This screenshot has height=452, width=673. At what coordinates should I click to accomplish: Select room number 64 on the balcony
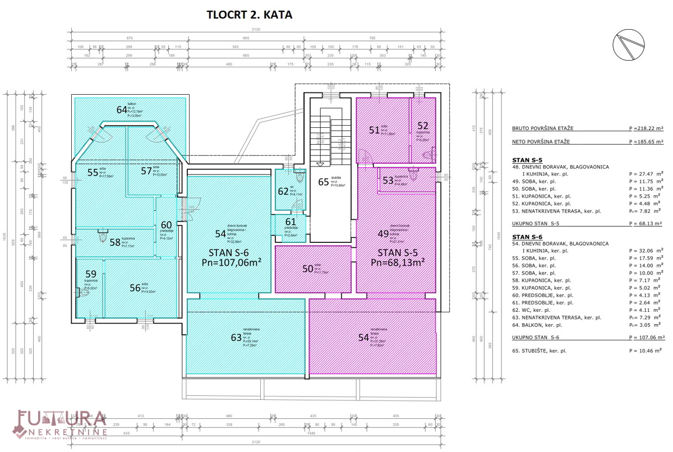tap(122, 110)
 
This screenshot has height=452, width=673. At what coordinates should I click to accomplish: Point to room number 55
tap(93, 172)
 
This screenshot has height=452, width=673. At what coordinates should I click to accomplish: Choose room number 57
tap(146, 170)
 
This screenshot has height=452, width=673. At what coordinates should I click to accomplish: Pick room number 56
tap(135, 288)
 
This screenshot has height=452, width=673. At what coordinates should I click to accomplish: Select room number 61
tap(290, 222)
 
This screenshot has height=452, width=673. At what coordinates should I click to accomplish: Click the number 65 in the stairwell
tap(324, 182)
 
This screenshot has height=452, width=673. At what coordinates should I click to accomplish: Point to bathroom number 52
tap(422, 126)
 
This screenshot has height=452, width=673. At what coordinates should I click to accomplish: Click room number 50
tap(307, 269)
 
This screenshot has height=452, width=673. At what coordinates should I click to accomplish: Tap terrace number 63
tap(236, 338)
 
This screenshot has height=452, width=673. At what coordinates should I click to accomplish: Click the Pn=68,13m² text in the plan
tap(397, 262)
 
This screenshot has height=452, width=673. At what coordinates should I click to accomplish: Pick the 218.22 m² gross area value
tap(647, 128)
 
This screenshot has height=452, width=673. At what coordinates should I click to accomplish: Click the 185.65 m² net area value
tap(647, 142)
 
